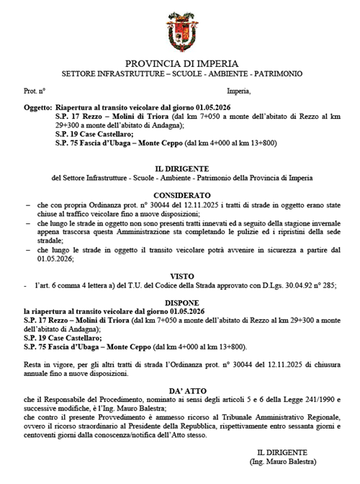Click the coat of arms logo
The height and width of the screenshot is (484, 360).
coord(180,28)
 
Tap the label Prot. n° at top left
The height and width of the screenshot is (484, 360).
coord(35,91)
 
